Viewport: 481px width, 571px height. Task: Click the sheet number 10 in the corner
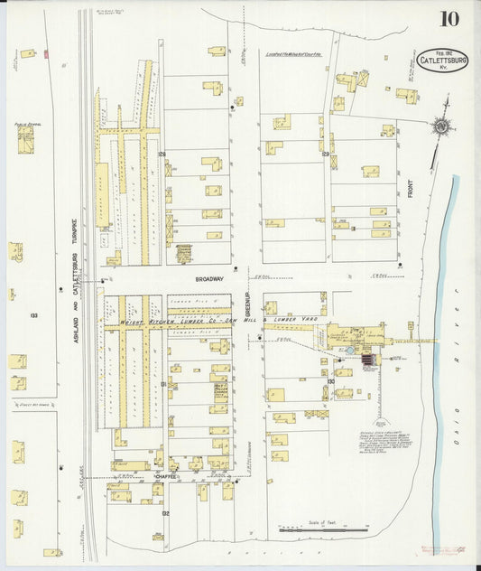pos(448,19)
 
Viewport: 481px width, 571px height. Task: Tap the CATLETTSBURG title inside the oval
pos(443,62)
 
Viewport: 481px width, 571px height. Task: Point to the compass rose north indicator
pos(441,128)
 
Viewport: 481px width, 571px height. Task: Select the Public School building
pos(25,139)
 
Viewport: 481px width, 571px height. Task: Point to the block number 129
pos(325,155)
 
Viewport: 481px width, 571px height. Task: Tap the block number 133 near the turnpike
pos(33,315)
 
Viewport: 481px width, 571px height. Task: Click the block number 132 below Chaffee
pos(165,512)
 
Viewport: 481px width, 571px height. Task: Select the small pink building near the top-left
pos(46,54)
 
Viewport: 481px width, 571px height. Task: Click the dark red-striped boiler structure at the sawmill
pos(367,361)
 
